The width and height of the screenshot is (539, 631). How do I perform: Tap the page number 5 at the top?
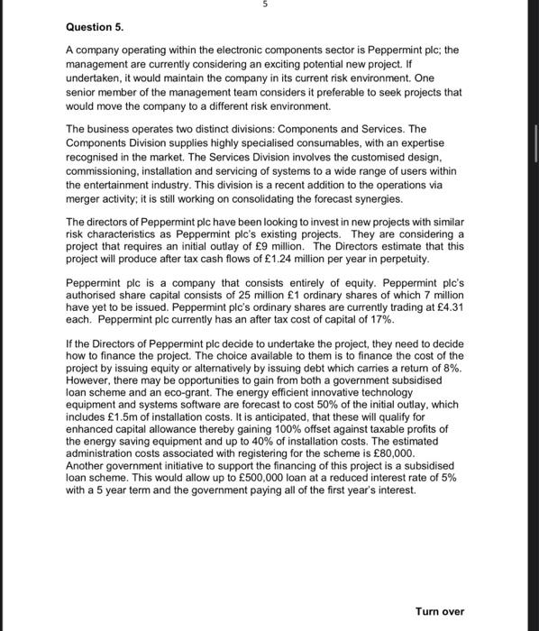(x=266, y=5)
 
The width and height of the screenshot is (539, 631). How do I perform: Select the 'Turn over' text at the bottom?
(x=440, y=611)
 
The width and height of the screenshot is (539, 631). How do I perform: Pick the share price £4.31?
(x=440, y=306)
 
